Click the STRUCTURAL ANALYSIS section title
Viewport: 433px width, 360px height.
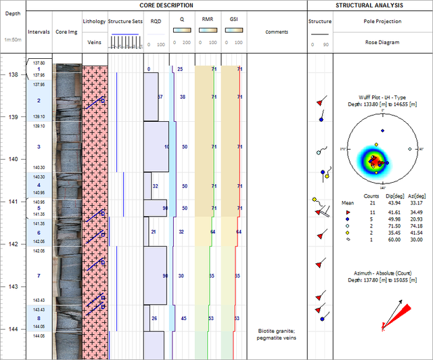coord(369,5)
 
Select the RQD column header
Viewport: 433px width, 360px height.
coord(156,21)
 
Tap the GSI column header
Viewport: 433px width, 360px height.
coord(234,21)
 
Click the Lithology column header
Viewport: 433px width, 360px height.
coord(94,21)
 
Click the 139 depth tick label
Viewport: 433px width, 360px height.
coord(13,117)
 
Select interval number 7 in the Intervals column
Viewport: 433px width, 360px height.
coord(39,276)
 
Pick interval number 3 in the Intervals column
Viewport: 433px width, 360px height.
coord(39,147)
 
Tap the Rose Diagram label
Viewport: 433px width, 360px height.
coord(383,42)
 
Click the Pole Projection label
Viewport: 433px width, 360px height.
coord(383,21)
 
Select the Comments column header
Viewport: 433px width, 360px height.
coord(276,32)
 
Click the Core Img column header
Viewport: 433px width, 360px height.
coord(66,32)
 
